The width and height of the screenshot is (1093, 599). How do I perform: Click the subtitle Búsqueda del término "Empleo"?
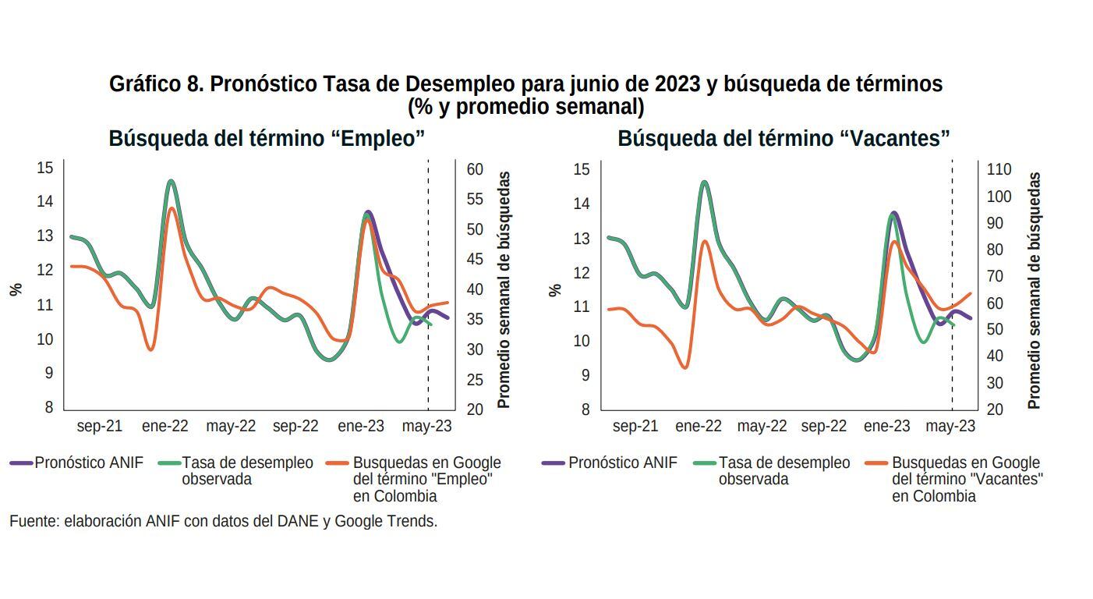267,139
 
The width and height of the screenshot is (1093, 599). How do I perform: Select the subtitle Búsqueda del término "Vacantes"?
783,139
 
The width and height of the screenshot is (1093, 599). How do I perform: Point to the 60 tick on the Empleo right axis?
475,169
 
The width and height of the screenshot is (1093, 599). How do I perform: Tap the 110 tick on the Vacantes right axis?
999,169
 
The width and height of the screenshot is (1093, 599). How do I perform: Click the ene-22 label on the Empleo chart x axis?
164,427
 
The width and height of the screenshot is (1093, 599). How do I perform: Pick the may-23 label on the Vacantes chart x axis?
950,427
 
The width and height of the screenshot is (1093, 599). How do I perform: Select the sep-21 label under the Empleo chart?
100,427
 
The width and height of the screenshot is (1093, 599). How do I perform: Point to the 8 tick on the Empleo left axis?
48,407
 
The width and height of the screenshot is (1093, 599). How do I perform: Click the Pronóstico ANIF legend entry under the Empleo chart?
88,463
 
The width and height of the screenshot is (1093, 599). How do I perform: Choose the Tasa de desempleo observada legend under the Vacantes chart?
783,471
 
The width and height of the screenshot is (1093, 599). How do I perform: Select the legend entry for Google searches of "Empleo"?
426,479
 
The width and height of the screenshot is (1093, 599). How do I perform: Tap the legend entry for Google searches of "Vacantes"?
967,479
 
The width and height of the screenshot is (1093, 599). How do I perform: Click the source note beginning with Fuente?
223,521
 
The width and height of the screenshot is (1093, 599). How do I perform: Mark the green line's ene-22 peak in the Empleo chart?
171,182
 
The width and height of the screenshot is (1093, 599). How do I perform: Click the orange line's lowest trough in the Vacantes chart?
684,367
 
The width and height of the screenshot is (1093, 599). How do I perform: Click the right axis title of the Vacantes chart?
1034,290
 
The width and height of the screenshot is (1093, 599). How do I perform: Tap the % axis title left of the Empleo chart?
16,289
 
